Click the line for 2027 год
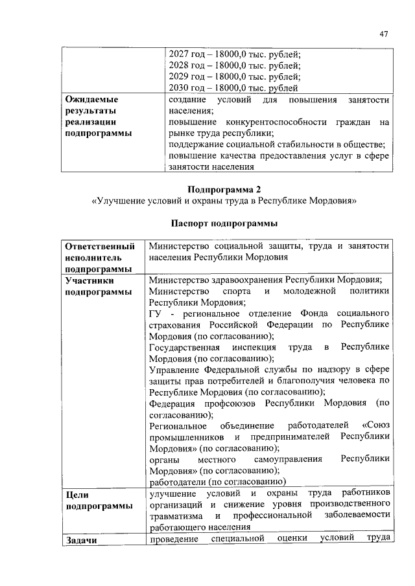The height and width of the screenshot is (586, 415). tap(234, 54)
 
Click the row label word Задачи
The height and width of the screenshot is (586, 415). tap(81, 540)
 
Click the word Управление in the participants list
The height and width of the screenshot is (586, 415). tap(174, 370)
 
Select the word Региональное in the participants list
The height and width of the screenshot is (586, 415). tap(178, 426)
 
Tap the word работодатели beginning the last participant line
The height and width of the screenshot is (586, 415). tap(176, 482)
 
